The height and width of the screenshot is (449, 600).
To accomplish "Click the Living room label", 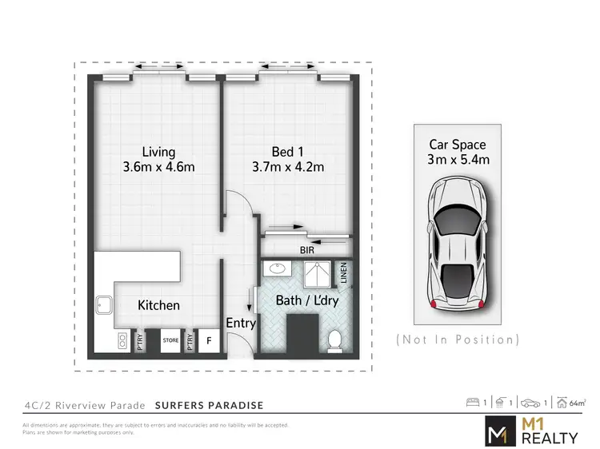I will click(158, 152).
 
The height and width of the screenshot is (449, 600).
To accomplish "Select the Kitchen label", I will click(158, 305).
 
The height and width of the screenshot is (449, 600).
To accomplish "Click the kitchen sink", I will click(104, 306).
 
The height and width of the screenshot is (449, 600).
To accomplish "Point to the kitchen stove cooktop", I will click(121, 341).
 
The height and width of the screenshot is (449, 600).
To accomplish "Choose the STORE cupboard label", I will click(170, 340).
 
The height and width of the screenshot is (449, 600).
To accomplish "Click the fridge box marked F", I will click(210, 340).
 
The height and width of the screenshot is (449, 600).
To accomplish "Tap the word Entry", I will click(241, 323).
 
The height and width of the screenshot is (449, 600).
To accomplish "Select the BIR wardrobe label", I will click(306, 250).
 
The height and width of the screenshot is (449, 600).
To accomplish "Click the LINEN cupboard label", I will click(344, 273).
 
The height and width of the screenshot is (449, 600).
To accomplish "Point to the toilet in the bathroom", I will click(336, 340).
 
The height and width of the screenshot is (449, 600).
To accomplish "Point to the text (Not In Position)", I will click(458, 340).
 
